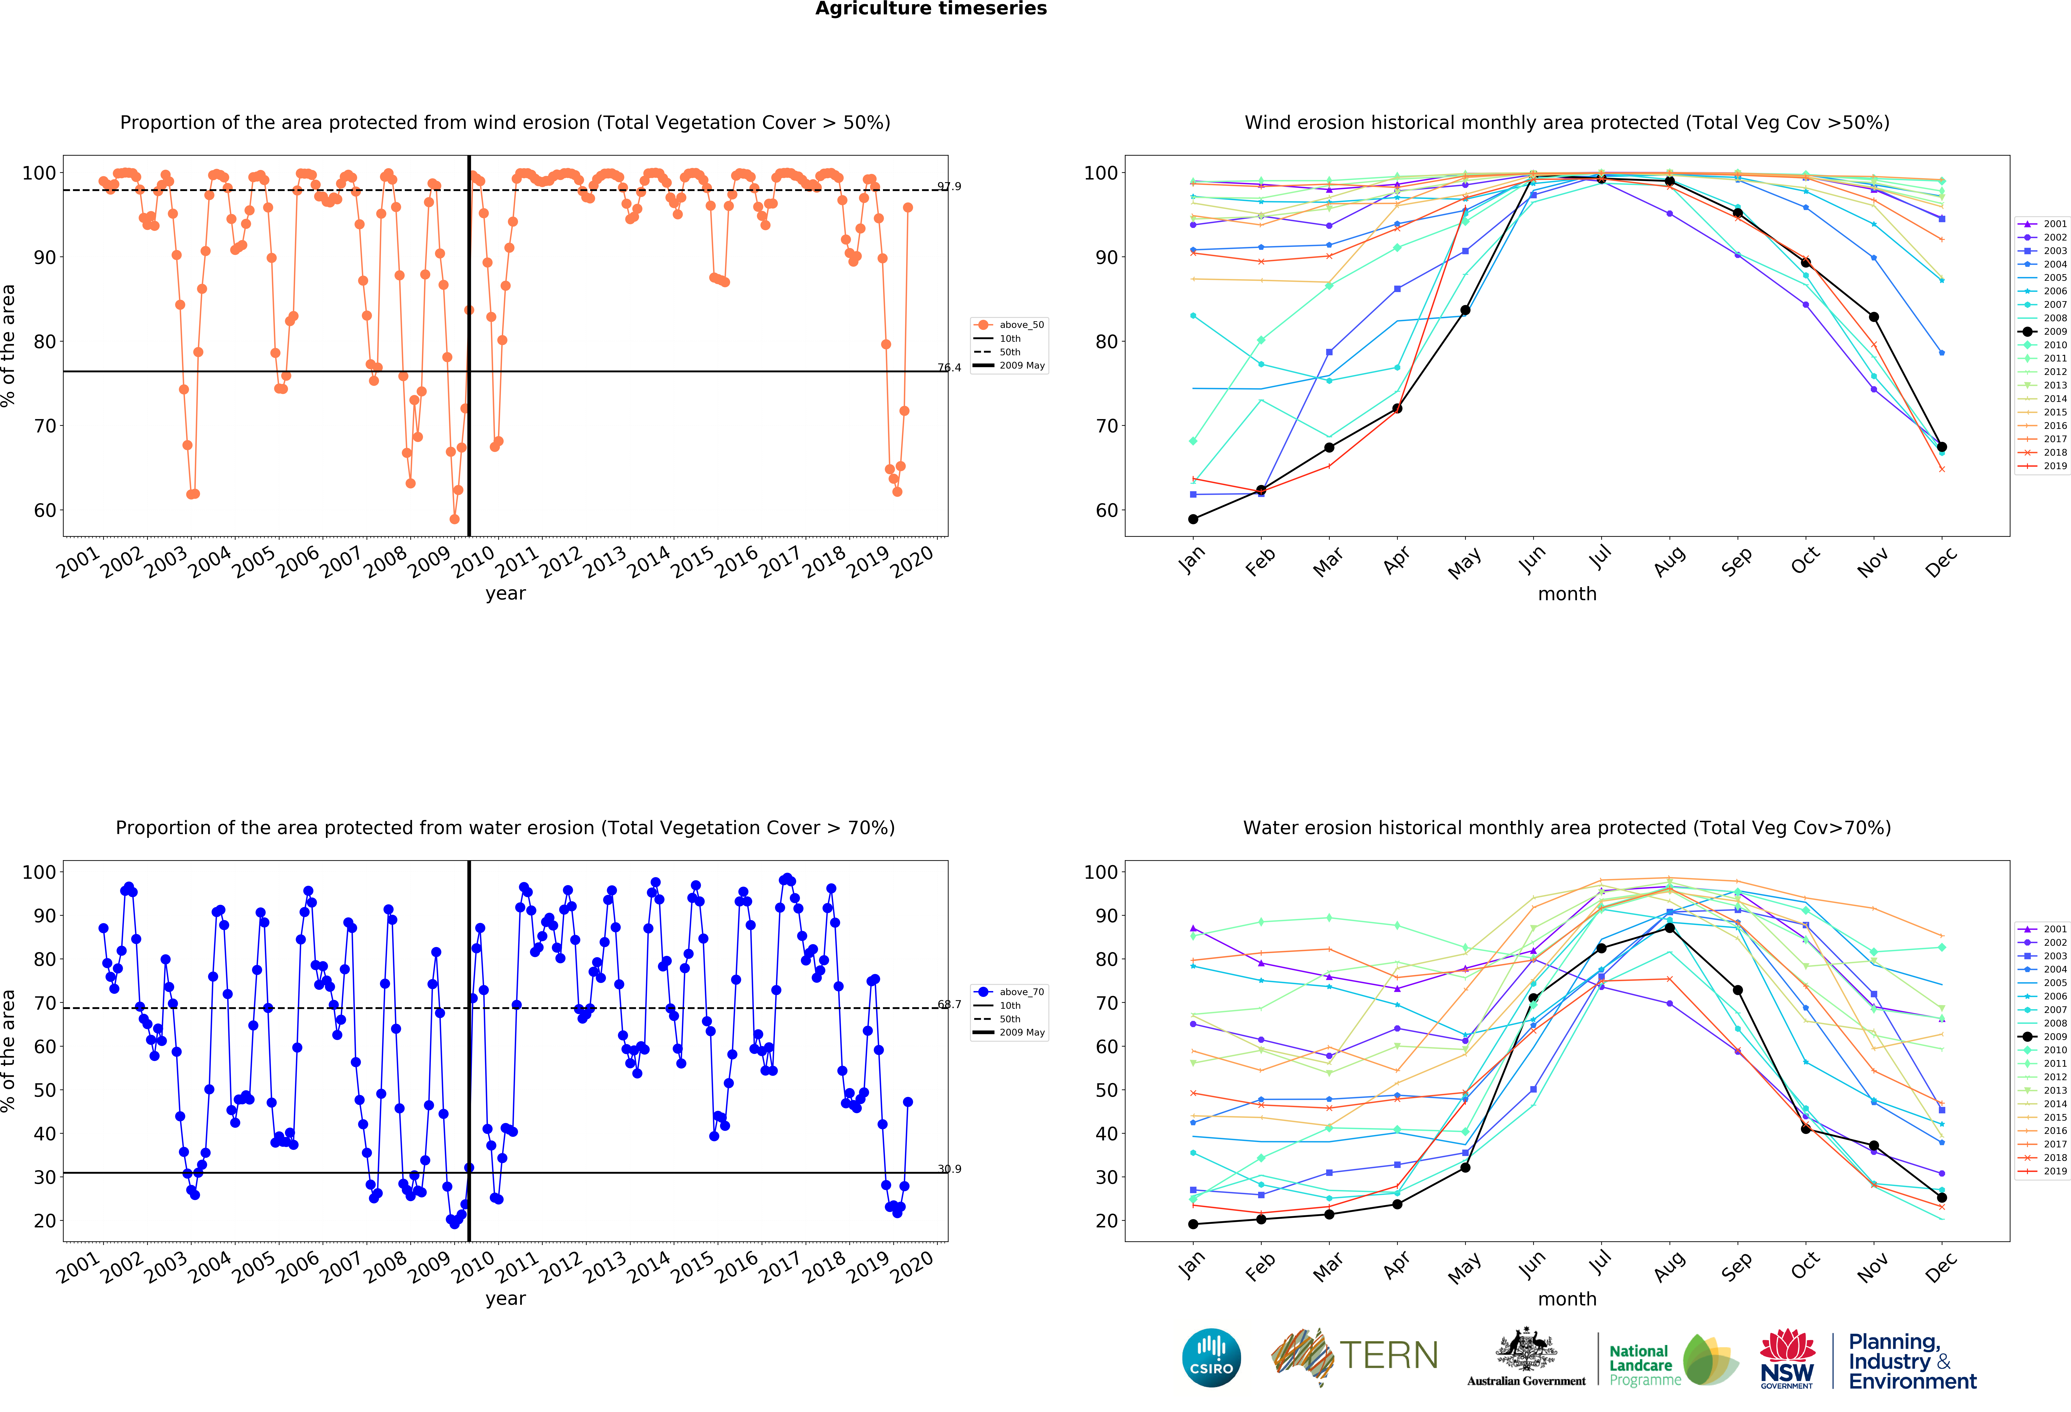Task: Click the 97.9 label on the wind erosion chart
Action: pos(949,186)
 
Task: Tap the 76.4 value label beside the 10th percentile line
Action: pos(949,367)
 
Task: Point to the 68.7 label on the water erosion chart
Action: pos(949,1005)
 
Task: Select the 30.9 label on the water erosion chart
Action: pos(949,1169)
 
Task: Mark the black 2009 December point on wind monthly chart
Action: pos(1942,447)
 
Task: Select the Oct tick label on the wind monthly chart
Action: pos(1805,560)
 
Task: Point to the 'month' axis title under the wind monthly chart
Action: pos(1567,594)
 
